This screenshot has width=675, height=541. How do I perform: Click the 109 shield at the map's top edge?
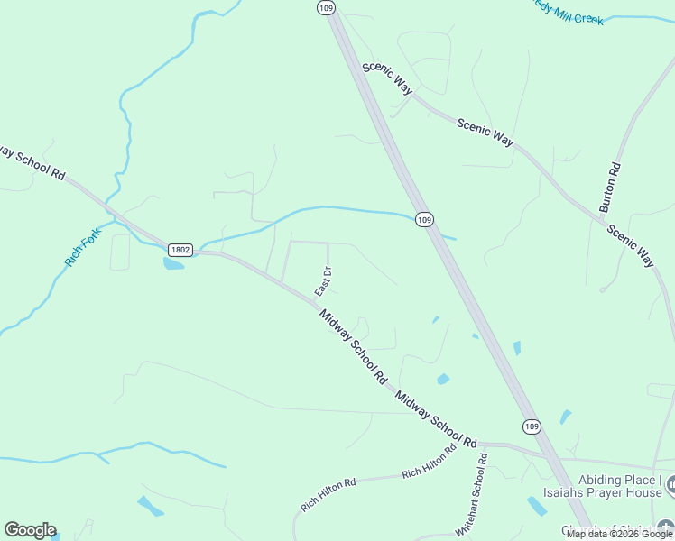[x=326, y=7]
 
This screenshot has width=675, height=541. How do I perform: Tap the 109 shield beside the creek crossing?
[x=425, y=219]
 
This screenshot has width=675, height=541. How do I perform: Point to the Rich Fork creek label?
[x=83, y=247]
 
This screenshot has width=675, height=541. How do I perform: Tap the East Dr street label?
[x=323, y=281]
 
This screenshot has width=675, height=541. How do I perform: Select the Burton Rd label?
[x=613, y=187]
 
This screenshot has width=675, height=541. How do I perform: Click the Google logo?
[x=30, y=530]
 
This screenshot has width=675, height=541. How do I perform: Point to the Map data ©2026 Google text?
[x=619, y=534]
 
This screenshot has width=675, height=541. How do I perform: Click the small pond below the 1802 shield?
[x=173, y=263]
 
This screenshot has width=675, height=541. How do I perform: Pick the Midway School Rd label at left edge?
[x=32, y=160]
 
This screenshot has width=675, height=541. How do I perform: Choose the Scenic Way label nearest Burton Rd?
[x=629, y=245]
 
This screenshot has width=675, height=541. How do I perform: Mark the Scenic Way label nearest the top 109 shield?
[x=387, y=78]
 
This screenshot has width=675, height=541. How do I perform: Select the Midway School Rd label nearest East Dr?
[x=352, y=344]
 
